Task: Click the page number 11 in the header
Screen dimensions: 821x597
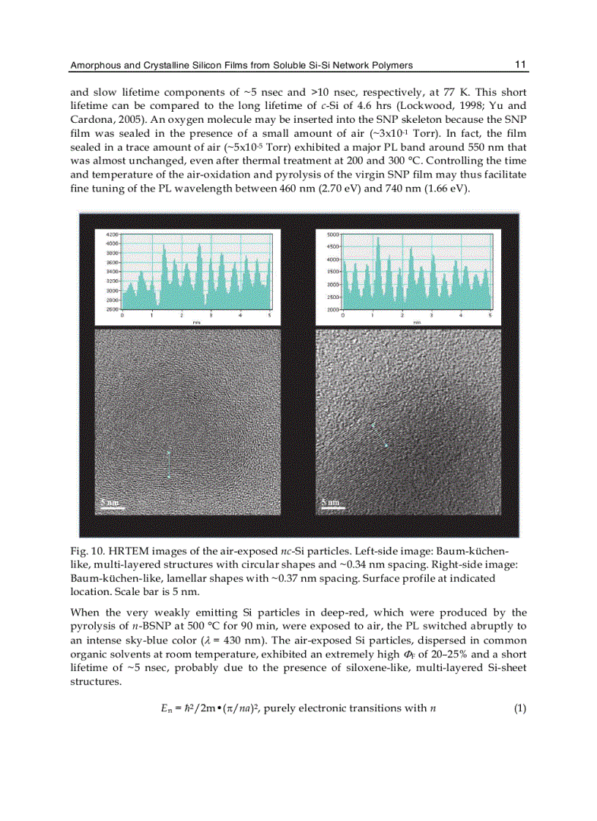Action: pyautogui.click(x=520, y=64)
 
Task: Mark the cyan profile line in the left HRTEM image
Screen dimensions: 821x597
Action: pyautogui.click(x=168, y=464)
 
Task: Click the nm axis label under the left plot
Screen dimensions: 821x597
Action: pyautogui.click(x=196, y=322)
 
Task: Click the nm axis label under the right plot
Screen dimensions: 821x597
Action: pyautogui.click(x=416, y=322)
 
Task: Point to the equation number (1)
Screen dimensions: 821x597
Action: pyautogui.click(x=520, y=708)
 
